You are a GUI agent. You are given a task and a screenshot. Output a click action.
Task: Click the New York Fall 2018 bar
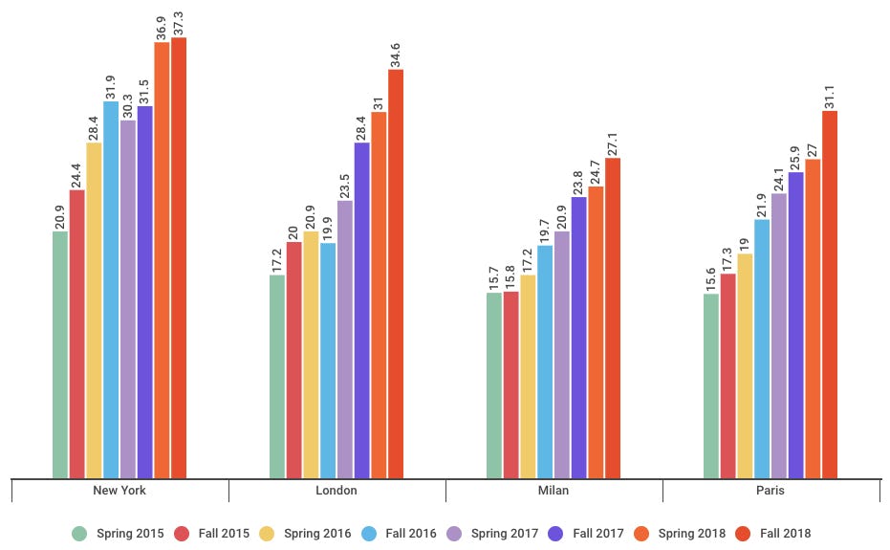tap(179, 257)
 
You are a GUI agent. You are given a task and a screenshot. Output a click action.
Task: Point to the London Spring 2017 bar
tap(345, 339)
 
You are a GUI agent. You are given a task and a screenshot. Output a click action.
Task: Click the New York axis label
tap(119, 491)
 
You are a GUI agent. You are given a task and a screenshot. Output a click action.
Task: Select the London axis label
tap(336, 491)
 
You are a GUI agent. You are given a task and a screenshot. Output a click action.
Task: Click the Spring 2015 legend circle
tap(79, 533)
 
